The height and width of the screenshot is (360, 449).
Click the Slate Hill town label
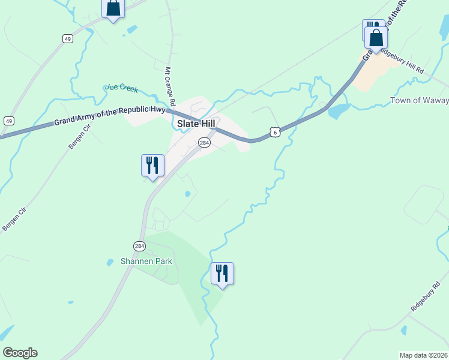[196, 124]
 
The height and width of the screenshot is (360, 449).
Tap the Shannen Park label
[146, 261]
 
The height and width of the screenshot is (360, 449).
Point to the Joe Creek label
[122, 88]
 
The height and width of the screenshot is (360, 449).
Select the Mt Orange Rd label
[170, 83]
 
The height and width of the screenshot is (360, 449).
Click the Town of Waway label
[419, 100]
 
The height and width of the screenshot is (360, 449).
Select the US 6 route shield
[274, 131]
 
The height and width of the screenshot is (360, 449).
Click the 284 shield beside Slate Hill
[205, 142]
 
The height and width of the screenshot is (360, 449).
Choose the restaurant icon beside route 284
[152, 165]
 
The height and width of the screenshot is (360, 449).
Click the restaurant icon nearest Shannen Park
[222, 273]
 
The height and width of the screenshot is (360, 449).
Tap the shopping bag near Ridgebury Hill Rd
[376, 38]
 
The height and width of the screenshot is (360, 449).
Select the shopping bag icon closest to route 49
[113, 8]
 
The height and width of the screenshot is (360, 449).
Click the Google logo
[20, 353]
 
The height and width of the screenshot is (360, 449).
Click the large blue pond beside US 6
[339, 110]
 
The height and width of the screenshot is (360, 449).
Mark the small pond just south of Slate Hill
[188, 194]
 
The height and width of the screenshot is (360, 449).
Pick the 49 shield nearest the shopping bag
[68, 38]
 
